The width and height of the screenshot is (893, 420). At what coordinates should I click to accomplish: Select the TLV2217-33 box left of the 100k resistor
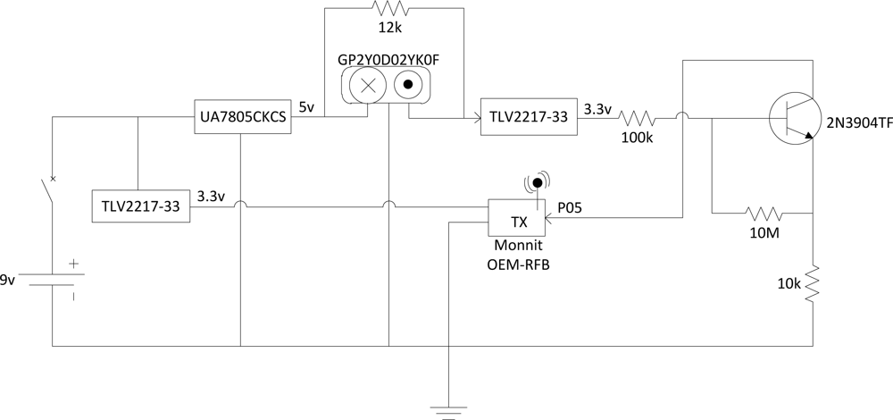click(x=527, y=117)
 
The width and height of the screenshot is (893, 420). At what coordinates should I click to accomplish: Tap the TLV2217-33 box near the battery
click(x=140, y=206)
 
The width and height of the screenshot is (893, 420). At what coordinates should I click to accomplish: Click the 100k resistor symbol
click(x=638, y=117)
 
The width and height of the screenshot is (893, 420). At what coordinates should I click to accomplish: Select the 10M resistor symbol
click(x=764, y=214)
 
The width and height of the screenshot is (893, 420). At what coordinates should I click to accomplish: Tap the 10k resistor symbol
click(x=813, y=283)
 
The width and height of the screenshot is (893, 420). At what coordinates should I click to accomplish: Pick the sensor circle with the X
click(x=366, y=87)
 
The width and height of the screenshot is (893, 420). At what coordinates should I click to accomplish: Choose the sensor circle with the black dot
click(x=408, y=87)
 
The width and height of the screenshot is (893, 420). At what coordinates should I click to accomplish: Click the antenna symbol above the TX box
click(x=537, y=184)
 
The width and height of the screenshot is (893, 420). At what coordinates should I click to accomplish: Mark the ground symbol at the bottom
click(x=447, y=411)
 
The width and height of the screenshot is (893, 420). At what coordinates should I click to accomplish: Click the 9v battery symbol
click(x=53, y=280)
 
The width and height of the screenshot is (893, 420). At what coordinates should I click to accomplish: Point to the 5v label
click(x=306, y=107)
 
